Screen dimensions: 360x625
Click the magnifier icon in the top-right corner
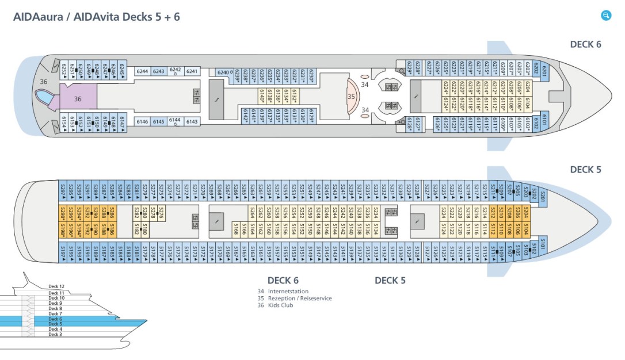pyautogui.click(x=605, y=16)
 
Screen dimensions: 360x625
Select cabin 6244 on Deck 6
pyautogui.click(x=142, y=72)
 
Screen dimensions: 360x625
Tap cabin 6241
pyautogui.click(x=192, y=72)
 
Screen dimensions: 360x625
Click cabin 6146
pyautogui.click(x=142, y=121)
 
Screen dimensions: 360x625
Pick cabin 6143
pyautogui.click(x=192, y=121)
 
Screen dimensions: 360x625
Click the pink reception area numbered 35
pyautogui.click(x=352, y=96)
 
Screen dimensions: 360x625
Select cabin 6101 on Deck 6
pyautogui.click(x=544, y=122)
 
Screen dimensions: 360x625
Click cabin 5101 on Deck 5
pyautogui.click(x=542, y=247)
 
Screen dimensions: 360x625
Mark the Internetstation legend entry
pyautogui.click(x=288, y=292)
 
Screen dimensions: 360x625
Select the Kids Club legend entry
pyautogui.click(x=280, y=305)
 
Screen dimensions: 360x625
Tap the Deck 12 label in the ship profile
pyautogui.click(x=56, y=286)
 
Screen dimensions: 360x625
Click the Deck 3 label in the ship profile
pyautogui.click(x=55, y=334)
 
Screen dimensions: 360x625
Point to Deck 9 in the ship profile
pyautogui.click(x=55, y=303)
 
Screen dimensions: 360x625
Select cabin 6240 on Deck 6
pyautogui.click(x=223, y=72)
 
